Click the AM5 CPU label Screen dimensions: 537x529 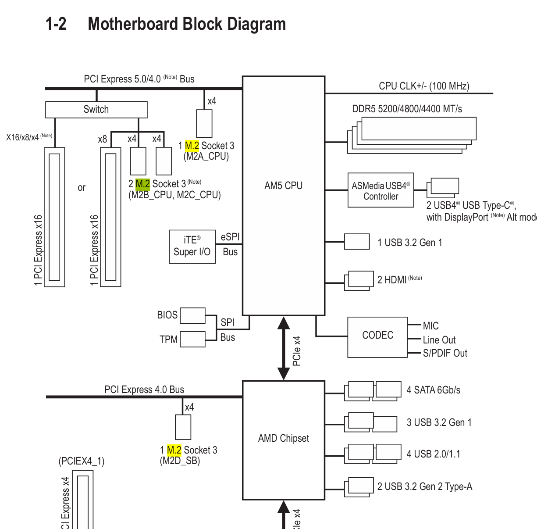pyautogui.click(x=283, y=186)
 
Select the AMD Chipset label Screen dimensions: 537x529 pyautogui.click(x=284, y=438)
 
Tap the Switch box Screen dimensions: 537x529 pyautogui.click(x=96, y=110)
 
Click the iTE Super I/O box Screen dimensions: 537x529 pyautogui.click(x=192, y=247)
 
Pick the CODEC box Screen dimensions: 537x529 pyautogui.click(x=377, y=337)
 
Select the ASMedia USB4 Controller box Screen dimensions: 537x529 pyautogui.click(x=381, y=190)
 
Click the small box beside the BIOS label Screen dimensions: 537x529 pyautogui.click(x=192, y=315)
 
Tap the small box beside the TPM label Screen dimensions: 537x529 pyautogui.click(x=192, y=339)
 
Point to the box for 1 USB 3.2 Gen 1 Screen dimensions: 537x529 pyautogui.click(x=357, y=242)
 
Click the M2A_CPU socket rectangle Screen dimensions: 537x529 pyautogui.click(x=204, y=123)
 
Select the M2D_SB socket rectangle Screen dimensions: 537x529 pyautogui.click(x=183, y=427)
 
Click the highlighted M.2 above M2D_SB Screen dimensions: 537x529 pyautogui.click(x=174, y=450)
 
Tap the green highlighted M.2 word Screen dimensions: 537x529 pyautogui.click(x=142, y=184)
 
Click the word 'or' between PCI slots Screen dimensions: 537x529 pyautogui.click(x=82, y=188)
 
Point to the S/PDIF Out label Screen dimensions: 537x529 pyautogui.click(x=445, y=353)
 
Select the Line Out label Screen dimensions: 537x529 pyautogui.click(x=439, y=340)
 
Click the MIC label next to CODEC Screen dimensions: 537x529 pyautogui.click(x=430, y=326)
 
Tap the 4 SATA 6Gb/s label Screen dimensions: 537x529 pyautogui.click(x=434, y=390)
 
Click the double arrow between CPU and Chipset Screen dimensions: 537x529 pyautogui.click(x=284, y=348)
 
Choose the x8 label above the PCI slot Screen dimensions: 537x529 pyautogui.click(x=102, y=139)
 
